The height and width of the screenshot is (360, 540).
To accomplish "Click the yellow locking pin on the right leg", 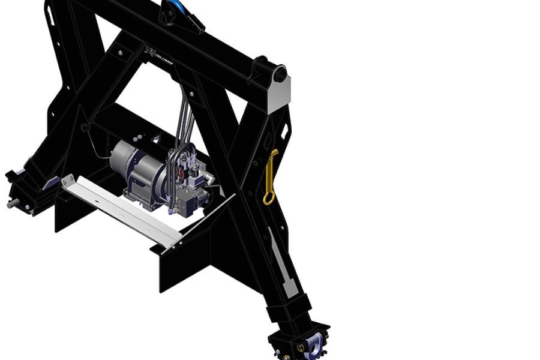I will [271, 174].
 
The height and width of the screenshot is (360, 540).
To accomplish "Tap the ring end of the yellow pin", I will [268, 197].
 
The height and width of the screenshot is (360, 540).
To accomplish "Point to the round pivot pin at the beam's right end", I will [280, 74].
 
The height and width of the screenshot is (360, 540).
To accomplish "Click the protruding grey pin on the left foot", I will [12, 204].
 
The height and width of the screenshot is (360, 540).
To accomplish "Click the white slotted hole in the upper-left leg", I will [50, 14].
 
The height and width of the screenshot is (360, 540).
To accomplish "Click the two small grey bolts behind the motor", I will [155, 139].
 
